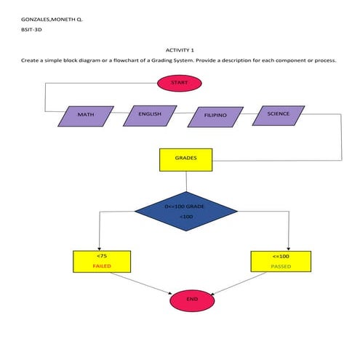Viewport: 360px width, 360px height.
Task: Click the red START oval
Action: point(179,84)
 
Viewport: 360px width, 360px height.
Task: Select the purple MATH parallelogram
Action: point(87,116)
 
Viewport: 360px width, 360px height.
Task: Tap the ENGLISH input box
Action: point(150,114)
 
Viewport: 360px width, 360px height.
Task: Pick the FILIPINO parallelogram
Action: point(215,116)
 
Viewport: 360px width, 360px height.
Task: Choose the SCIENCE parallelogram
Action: point(277,114)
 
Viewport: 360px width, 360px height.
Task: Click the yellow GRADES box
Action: point(185,159)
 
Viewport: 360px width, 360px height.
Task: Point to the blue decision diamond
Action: point(185,212)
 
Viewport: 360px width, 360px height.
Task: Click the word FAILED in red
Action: point(101,268)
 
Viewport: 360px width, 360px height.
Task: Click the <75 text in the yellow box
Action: point(101,257)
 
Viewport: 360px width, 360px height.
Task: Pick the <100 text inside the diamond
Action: point(185,217)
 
